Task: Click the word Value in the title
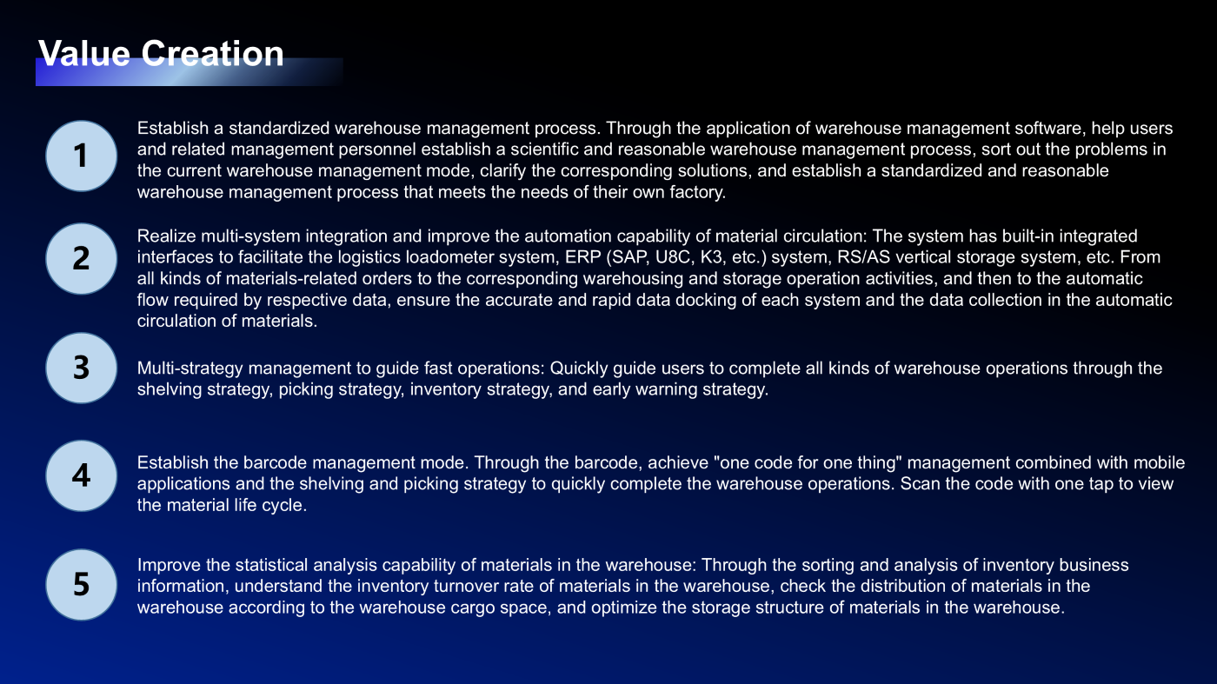84,54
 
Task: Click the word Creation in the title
212,54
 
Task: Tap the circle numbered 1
81,156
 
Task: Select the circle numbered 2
81,258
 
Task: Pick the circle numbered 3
81,368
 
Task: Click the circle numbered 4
81,475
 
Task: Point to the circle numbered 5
81,584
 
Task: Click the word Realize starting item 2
166,236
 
